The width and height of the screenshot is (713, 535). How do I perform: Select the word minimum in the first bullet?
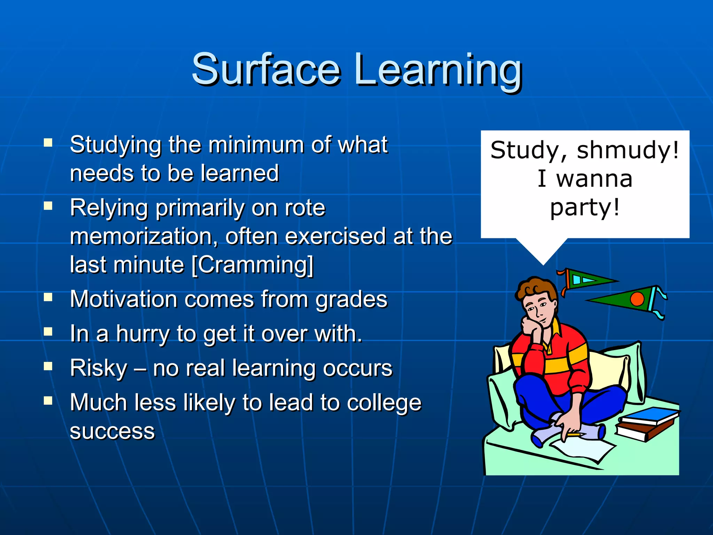[256, 145]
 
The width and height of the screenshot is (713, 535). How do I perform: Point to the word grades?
[351, 300]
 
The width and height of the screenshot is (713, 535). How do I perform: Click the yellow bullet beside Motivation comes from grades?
[48, 297]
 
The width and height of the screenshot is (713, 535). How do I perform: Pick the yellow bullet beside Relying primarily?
[48, 206]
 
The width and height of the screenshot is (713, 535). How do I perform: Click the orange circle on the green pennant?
[637, 299]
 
